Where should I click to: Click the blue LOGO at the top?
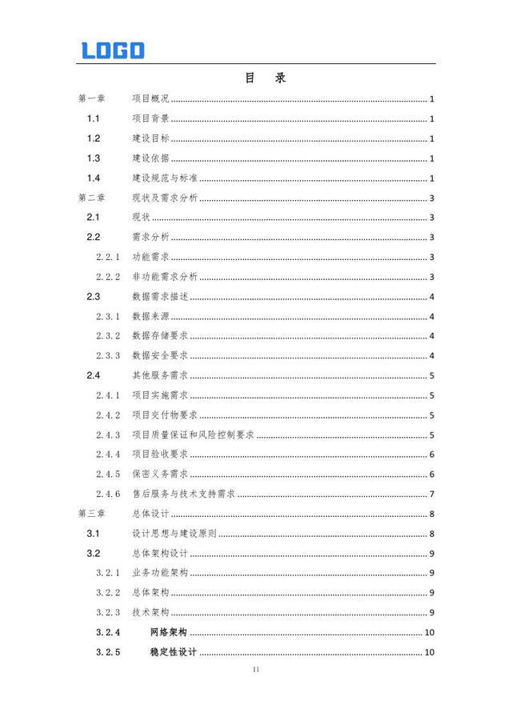coord(113,50)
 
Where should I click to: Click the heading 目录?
coord(265,78)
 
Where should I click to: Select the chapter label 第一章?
coord(92,99)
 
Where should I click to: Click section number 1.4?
coord(94,178)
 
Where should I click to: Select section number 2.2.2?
coord(108,277)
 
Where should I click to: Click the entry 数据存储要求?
coord(160,336)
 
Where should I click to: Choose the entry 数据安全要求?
coord(160,355)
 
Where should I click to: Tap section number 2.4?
coord(94,375)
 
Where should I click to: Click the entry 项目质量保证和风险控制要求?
coord(193,435)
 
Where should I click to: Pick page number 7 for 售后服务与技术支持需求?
coord(432,494)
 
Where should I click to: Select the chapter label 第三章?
coord(92,514)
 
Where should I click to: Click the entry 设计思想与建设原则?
coord(174,534)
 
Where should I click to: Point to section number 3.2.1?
coord(108,573)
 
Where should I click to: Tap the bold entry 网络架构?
coord(168,632)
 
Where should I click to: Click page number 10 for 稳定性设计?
coord(430,652)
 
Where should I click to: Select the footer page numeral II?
coord(256,669)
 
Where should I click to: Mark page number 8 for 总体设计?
coord(432,514)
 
